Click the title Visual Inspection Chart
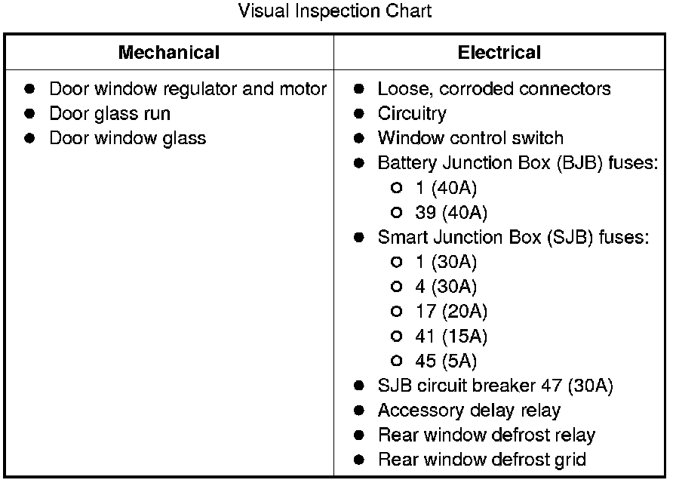(x=335, y=11)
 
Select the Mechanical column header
(x=169, y=53)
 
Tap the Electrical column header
(x=499, y=53)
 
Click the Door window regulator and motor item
(x=188, y=89)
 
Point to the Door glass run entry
(x=110, y=114)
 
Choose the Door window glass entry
(x=128, y=138)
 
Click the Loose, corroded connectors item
(x=494, y=89)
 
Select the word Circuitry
(x=412, y=114)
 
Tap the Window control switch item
(x=470, y=138)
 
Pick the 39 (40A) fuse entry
(x=451, y=213)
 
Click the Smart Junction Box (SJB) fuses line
(x=513, y=237)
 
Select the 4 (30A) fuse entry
(x=446, y=287)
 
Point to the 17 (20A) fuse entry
(x=451, y=311)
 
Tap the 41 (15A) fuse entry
(x=451, y=336)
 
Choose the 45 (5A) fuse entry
(x=446, y=361)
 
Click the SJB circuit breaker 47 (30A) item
(x=495, y=386)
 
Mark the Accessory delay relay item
(x=469, y=411)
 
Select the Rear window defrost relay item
(x=487, y=435)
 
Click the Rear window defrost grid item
(x=482, y=460)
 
